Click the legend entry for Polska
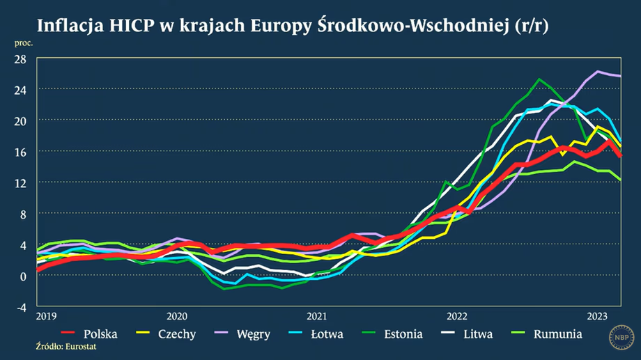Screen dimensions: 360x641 coord(100,334)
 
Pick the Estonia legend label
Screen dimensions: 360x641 coord(403,334)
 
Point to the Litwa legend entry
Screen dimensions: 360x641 coord(478,334)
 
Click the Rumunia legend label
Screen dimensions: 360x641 coord(557,334)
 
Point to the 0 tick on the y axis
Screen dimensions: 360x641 coord(23,275)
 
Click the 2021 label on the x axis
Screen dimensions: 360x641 coord(317,315)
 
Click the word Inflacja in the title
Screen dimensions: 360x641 coord(71,26)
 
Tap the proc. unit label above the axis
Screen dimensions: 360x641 coord(23,43)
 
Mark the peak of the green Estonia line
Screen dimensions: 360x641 coord(538,79)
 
